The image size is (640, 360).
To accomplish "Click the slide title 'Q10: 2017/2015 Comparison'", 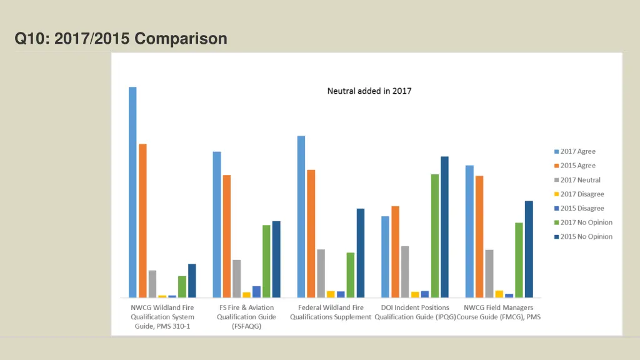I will click(x=121, y=39).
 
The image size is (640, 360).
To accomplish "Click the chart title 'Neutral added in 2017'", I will click(x=369, y=91).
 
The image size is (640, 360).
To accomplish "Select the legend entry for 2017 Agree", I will click(x=577, y=151).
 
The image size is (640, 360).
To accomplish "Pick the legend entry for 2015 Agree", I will click(x=577, y=166).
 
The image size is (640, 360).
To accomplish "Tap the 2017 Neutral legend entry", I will click(x=580, y=180).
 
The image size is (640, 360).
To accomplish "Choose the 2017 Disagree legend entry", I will click(x=582, y=194).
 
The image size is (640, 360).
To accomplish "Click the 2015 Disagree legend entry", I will click(x=582, y=208).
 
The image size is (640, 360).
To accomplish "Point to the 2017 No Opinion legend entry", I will click(x=586, y=222).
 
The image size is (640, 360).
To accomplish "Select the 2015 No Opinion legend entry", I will click(x=586, y=236).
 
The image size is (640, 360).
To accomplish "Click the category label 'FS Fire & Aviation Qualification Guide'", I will click(x=246, y=317).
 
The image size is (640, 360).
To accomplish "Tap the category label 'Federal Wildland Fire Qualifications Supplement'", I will click(x=331, y=312).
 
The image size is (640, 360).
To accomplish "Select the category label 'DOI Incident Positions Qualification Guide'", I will click(x=415, y=312).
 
